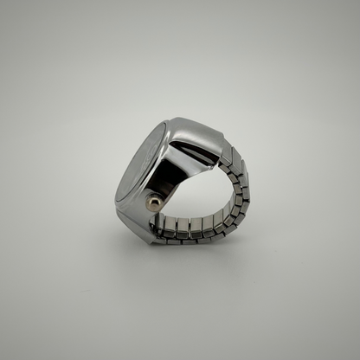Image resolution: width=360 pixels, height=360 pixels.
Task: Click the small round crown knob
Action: click(153, 202)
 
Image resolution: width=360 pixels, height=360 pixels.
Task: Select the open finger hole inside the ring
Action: click(195, 190)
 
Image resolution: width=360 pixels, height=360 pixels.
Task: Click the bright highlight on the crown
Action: click(151, 200)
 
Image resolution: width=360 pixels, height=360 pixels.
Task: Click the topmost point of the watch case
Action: click(177, 119)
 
